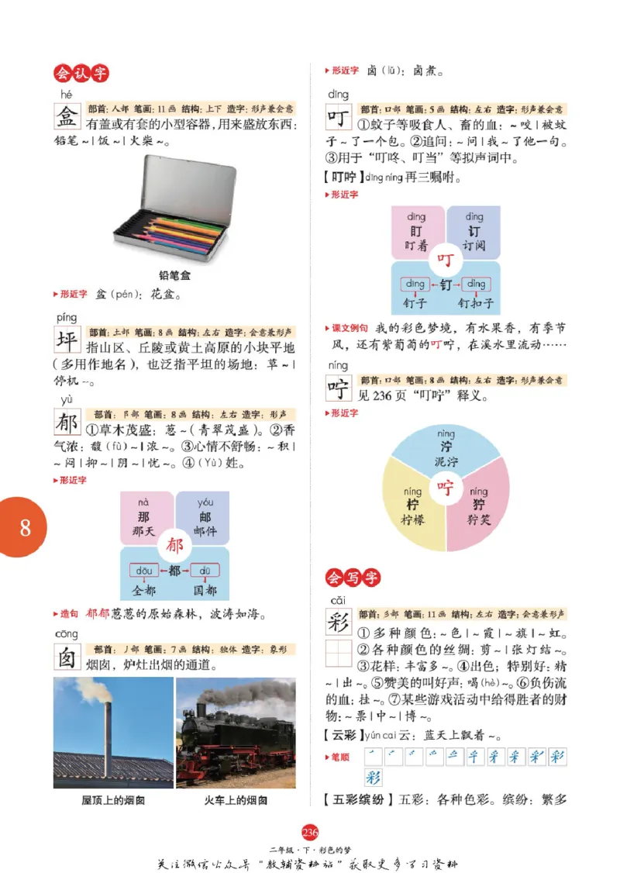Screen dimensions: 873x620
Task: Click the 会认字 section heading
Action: click(81, 73)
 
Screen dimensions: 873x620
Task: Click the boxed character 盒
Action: click(68, 117)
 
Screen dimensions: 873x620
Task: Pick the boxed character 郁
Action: click(68, 423)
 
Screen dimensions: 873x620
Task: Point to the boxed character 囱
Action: click(68, 658)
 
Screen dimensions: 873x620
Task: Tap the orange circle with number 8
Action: click(25, 527)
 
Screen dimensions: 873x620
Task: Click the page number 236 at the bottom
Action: click(309, 833)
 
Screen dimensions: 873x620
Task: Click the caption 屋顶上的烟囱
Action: click(113, 799)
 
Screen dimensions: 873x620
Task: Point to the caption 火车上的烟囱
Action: click(236, 799)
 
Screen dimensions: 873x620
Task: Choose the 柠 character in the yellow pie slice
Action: click(413, 505)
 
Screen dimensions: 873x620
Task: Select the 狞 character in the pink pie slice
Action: click(478, 505)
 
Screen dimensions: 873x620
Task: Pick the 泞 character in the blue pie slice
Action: click(446, 447)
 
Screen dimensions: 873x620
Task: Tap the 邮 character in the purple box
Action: click(205, 517)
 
